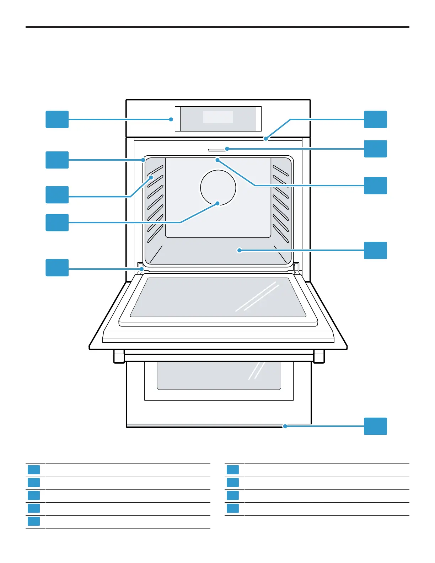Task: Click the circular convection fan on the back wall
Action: (218, 187)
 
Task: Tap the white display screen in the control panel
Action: (218, 117)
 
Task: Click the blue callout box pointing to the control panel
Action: (57, 119)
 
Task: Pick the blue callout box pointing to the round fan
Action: (57, 222)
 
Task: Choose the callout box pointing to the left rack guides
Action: (57, 195)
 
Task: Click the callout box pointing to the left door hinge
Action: (57, 268)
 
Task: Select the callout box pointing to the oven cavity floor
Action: (375, 250)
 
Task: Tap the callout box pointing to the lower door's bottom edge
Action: (375, 426)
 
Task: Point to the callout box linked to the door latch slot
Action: (375, 149)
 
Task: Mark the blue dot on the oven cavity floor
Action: (239, 250)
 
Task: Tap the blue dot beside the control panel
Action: (171, 119)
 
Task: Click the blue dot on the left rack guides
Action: (151, 177)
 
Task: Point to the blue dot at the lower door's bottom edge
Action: (285, 426)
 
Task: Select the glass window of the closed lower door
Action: (219, 375)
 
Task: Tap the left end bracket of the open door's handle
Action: (119, 356)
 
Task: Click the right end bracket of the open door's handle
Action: (319, 356)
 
